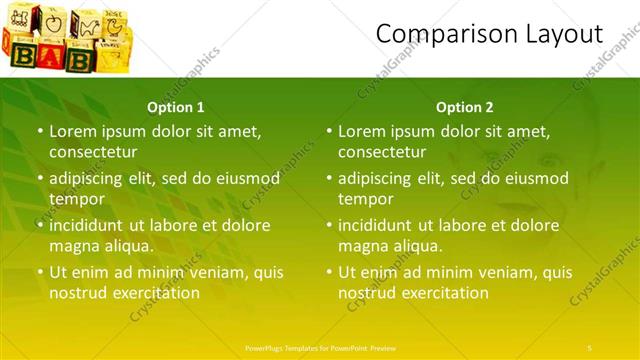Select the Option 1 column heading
(176, 107)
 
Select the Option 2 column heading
(465, 107)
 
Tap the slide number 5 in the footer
(590, 347)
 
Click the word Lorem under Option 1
(75, 131)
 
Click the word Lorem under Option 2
(364, 131)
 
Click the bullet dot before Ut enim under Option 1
(40, 272)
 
